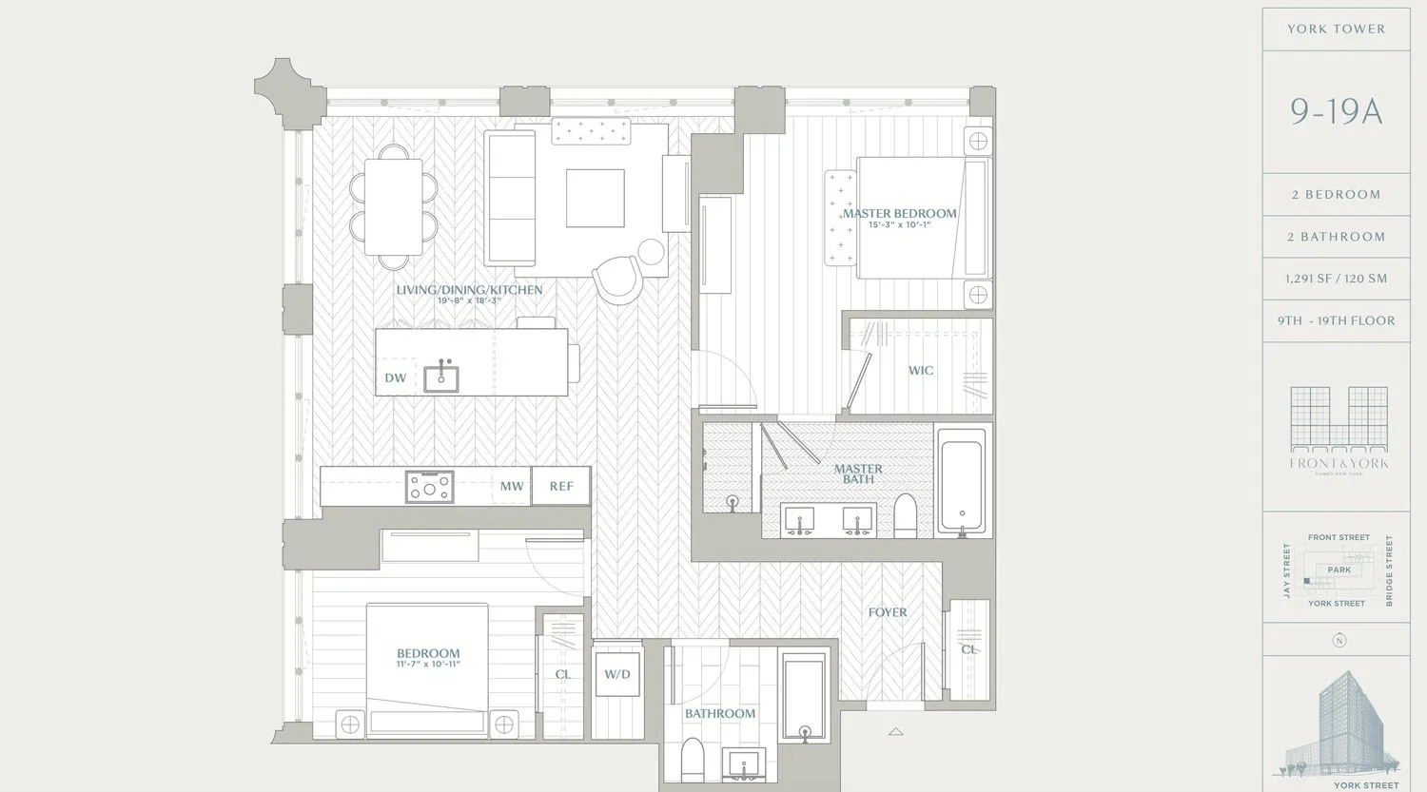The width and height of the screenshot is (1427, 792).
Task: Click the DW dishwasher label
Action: (396, 378)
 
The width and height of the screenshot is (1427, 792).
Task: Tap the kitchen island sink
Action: (440, 378)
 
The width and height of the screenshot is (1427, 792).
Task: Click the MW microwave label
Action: (512, 487)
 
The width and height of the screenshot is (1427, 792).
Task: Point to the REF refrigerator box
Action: (561, 486)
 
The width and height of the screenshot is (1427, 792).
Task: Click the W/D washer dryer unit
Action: (617, 675)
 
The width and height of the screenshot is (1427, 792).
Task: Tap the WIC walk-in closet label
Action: (921, 371)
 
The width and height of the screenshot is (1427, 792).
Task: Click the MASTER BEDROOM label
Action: (899, 214)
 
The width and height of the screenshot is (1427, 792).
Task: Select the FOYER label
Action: (888, 612)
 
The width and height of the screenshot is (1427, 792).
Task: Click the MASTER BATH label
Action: (858, 473)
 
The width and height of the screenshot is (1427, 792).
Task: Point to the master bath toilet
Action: (906, 515)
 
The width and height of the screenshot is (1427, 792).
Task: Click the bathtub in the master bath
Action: (963, 481)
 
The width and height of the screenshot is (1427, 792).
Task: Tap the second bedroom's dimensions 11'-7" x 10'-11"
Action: (428, 665)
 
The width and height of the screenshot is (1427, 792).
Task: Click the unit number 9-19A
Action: (1336, 112)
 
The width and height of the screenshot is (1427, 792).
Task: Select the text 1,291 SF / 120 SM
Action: (1336, 279)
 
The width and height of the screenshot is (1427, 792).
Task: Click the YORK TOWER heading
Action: (1336, 29)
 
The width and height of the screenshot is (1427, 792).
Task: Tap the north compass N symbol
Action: (1339, 641)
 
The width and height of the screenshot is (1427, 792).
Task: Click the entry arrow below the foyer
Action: (895, 732)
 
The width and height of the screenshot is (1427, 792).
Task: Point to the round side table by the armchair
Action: (652, 252)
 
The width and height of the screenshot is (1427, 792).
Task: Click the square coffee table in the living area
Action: (596, 198)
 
